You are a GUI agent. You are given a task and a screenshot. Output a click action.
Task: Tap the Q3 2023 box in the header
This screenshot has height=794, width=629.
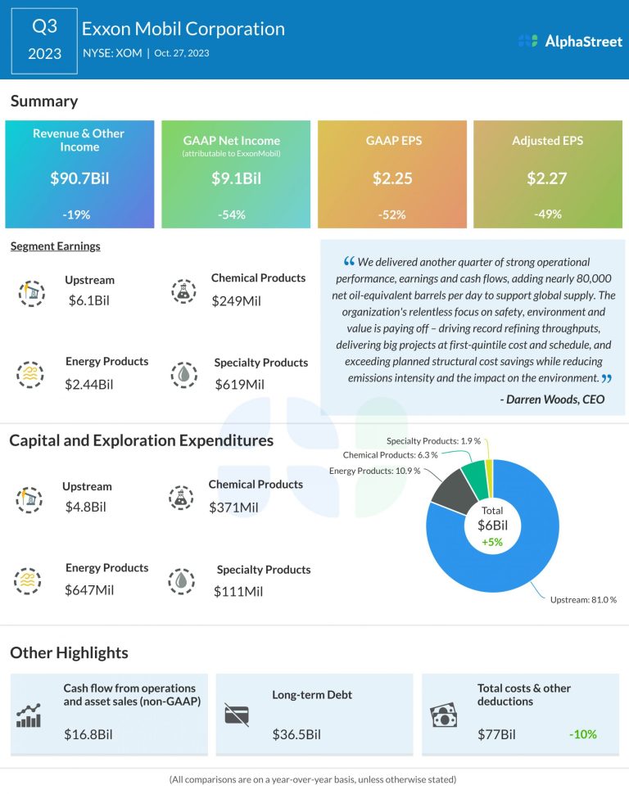(44, 41)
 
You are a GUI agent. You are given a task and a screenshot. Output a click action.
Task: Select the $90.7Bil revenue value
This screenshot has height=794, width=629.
(79, 178)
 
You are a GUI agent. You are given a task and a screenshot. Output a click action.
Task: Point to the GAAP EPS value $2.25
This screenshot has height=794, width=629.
(392, 178)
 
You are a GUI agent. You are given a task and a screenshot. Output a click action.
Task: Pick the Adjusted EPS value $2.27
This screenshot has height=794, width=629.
(547, 178)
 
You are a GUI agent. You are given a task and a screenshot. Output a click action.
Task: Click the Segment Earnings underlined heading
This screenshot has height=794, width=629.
(55, 246)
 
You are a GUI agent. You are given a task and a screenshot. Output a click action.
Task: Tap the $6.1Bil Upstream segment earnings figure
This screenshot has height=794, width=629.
(88, 300)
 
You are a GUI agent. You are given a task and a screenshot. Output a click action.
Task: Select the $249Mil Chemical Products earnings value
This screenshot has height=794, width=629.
(236, 300)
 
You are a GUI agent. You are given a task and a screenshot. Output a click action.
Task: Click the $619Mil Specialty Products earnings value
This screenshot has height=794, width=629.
(239, 384)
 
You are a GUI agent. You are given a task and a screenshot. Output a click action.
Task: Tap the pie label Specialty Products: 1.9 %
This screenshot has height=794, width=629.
(432, 442)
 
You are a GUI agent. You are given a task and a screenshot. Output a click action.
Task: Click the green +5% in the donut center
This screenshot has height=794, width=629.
(493, 541)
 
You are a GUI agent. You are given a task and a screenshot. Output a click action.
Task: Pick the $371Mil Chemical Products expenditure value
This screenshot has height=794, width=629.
(233, 508)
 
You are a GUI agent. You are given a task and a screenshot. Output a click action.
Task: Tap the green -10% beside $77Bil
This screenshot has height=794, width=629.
(583, 734)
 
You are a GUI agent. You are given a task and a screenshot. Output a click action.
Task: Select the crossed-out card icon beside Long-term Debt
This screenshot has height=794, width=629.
(237, 714)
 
